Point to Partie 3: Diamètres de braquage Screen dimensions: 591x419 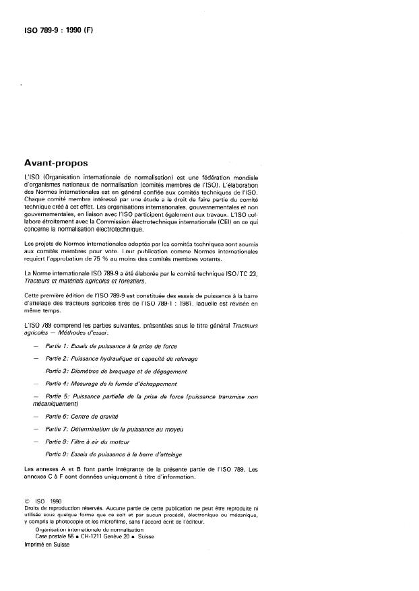(116, 371)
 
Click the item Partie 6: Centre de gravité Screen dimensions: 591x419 (81, 418)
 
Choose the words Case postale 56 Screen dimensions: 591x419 (59, 536)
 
